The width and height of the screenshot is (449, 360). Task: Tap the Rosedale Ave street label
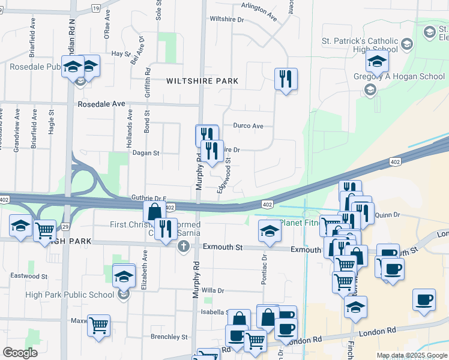pyautogui.click(x=101, y=104)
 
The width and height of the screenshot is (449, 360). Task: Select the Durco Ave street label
pyautogui.click(x=249, y=127)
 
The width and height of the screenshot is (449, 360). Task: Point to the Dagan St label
pyautogui.click(x=146, y=153)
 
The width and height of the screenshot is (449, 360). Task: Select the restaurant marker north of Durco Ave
pyautogui.click(x=286, y=79)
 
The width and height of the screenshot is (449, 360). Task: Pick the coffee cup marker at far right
pyautogui.click(x=424, y=299)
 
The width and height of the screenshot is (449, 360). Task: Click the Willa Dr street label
pyautogui.click(x=212, y=290)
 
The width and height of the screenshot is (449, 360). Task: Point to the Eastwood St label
pyautogui.click(x=29, y=276)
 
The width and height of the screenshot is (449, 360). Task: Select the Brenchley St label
pyautogui.click(x=169, y=337)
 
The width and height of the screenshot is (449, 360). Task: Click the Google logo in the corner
pyautogui.click(x=20, y=353)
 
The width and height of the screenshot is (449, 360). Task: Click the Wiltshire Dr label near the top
pyautogui.click(x=227, y=19)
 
